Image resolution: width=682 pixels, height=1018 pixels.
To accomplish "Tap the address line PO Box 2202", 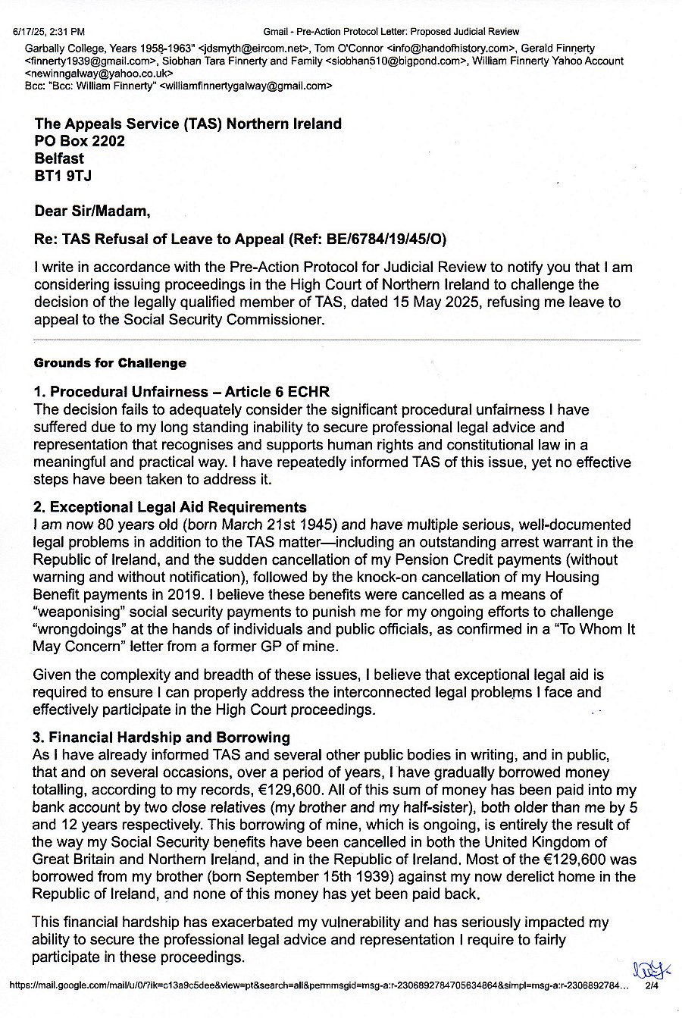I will coord(80,141).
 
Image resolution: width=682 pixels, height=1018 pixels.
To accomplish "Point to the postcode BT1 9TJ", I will coord(64,177).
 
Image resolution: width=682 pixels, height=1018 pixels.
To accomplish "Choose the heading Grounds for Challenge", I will coord(110,363).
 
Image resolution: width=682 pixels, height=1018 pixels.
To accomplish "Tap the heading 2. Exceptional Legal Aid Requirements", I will coord(170,508).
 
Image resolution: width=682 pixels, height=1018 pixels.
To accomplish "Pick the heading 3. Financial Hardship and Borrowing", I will coord(162,737).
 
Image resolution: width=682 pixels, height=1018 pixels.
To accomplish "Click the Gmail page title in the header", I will coord(391,31).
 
